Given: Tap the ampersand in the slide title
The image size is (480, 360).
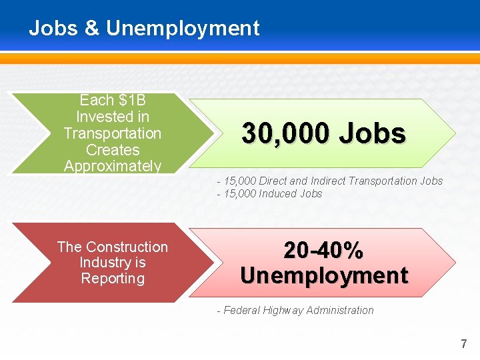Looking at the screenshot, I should coord(91,29).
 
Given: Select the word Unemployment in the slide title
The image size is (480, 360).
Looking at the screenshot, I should coord(183,29).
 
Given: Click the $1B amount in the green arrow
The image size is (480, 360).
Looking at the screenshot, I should coord(131,101).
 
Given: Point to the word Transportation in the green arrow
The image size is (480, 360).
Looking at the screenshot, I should coord(113,133).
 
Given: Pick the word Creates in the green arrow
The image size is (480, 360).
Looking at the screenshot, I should coord(113,150).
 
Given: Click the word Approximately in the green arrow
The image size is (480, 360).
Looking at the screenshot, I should coord(113,166).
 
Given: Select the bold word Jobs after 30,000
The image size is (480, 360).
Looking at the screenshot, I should coord(372,134).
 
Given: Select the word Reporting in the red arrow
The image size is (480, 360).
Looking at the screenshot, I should coord(113,279).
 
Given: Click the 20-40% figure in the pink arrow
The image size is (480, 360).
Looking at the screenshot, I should coord(323,251).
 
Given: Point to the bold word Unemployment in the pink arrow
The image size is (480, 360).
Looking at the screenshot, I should coord(324,275).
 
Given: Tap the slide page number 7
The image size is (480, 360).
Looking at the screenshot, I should coord(464,344).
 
